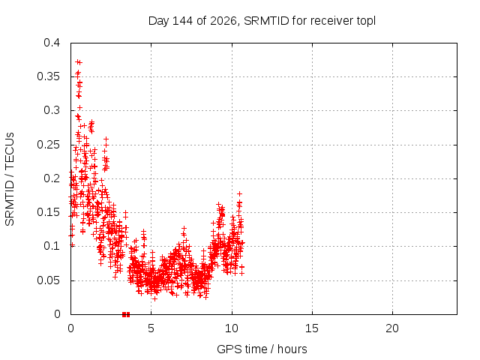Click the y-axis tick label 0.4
tap(52, 43)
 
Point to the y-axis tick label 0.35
tap(48, 76)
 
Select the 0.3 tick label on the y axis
tap(52, 110)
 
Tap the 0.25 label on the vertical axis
tap(48, 145)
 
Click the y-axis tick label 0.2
tap(52, 178)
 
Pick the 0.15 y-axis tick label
tap(48, 212)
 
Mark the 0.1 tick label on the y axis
tap(52, 246)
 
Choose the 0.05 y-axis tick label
tap(48, 280)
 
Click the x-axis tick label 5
tap(151, 328)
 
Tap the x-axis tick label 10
tap(232, 328)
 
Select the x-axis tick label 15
tap(312, 328)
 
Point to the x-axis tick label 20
tap(392, 328)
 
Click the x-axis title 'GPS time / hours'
tap(262, 349)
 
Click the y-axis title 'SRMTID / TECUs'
tap(10, 179)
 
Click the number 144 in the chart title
tap(183, 21)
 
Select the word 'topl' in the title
tap(366, 22)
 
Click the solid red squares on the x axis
tap(126, 314)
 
